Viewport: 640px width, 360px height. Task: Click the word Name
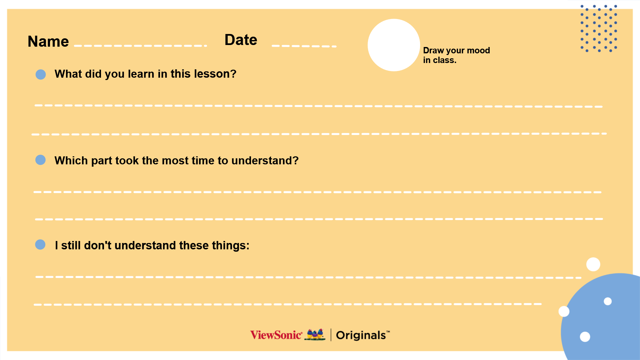pos(48,42)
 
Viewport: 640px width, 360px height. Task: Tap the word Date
pos(241,40)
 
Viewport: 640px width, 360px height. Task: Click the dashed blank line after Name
pos(141,46)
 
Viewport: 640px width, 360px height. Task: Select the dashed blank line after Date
pos(304,46)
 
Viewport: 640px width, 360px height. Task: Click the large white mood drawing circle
pos(394,45)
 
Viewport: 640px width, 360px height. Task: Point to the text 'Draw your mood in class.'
pos(456,55)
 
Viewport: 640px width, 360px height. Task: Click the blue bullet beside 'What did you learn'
pos(41,74)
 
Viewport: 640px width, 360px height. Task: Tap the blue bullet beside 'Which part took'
pos(40,160)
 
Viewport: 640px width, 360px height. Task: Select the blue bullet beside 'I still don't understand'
pos(40,245)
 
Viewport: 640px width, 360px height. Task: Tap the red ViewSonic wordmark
pos(276,335)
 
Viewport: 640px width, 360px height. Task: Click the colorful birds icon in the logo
pos(315,335)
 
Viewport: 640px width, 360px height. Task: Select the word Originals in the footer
pos(361,335)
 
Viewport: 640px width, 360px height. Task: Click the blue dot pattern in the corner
pos(599,28)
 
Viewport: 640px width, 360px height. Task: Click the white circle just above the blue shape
pos(593,264)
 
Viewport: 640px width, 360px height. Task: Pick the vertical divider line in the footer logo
pos(331,335)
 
